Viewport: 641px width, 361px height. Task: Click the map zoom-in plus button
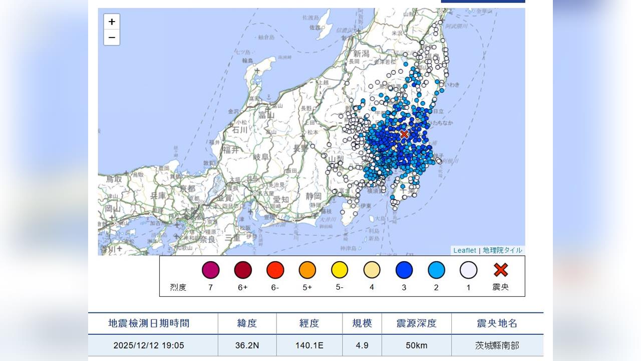[112, 22]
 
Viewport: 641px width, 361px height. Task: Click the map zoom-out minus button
[112, 38]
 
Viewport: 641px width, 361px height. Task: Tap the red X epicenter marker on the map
[404, 134]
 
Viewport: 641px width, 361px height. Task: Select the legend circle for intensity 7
[210, 270]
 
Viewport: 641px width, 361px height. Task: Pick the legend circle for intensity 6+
[243, 270]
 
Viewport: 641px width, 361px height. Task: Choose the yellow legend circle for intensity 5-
[340, 270]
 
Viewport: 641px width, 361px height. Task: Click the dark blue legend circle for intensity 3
[404, 270]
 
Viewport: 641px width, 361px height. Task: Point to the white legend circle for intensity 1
[468, 270]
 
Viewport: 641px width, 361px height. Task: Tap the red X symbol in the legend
[501, 270]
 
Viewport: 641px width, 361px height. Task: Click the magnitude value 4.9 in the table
[362, 345]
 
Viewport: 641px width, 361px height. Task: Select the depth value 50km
[416, 345]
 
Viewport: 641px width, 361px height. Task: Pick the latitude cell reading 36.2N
[247, 345]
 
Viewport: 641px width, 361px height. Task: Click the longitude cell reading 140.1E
[309, 345]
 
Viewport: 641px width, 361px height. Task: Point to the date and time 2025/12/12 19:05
[149, 345]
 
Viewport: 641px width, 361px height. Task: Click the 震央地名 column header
[497, 323]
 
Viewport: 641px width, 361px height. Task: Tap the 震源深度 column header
[416, 323]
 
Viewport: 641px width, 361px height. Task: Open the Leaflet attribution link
[465, 250]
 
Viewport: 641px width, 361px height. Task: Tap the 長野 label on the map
[300, 148]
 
